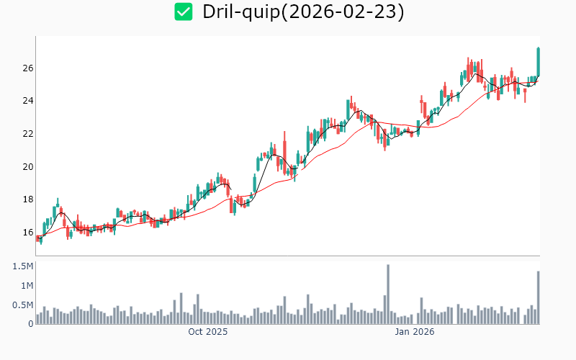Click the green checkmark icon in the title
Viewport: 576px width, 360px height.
pyautogui.click(x=184, y=12)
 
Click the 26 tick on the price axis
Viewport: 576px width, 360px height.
pyautogui.click(x=27, y=68)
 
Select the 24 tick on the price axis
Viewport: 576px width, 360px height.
pyautogui.click(x=27, y=101)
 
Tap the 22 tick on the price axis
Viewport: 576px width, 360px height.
pyautogui.click(x=27, y=134)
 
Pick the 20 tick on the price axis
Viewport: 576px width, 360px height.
pyautogui.click(x=27, y=167)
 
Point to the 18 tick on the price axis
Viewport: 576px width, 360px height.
pyautogui.click(x=27, y=200)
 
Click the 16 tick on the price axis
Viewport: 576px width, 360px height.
pyautogui.click(x=27, y=233)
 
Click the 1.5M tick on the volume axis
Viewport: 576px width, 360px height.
pyautogui.click(x=23, y=266)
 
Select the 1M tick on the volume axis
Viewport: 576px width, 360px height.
pyautogui.click(x=26, y=286)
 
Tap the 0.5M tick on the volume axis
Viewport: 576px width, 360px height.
pyautogui.click(x=23, y=305)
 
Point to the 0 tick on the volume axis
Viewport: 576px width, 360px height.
pyautogui.click(x=31, y=323)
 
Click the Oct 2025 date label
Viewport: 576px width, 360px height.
pyautogui.click(x=207, y=332)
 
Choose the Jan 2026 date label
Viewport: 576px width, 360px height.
pyautogui.click(x=415, y=332)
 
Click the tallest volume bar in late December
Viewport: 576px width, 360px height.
pyautogui.click(x=388, y=294)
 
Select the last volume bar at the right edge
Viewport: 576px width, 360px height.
pyautogui.click(x=538, y=297)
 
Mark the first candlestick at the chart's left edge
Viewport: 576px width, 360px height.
pyautogui.click(x=37, y=238)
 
